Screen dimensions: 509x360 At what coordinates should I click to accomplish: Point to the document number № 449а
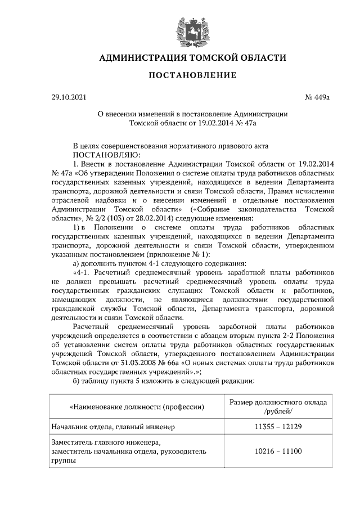[x=317, y=97]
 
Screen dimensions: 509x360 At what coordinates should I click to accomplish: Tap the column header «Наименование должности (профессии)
[x=136, y=406]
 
